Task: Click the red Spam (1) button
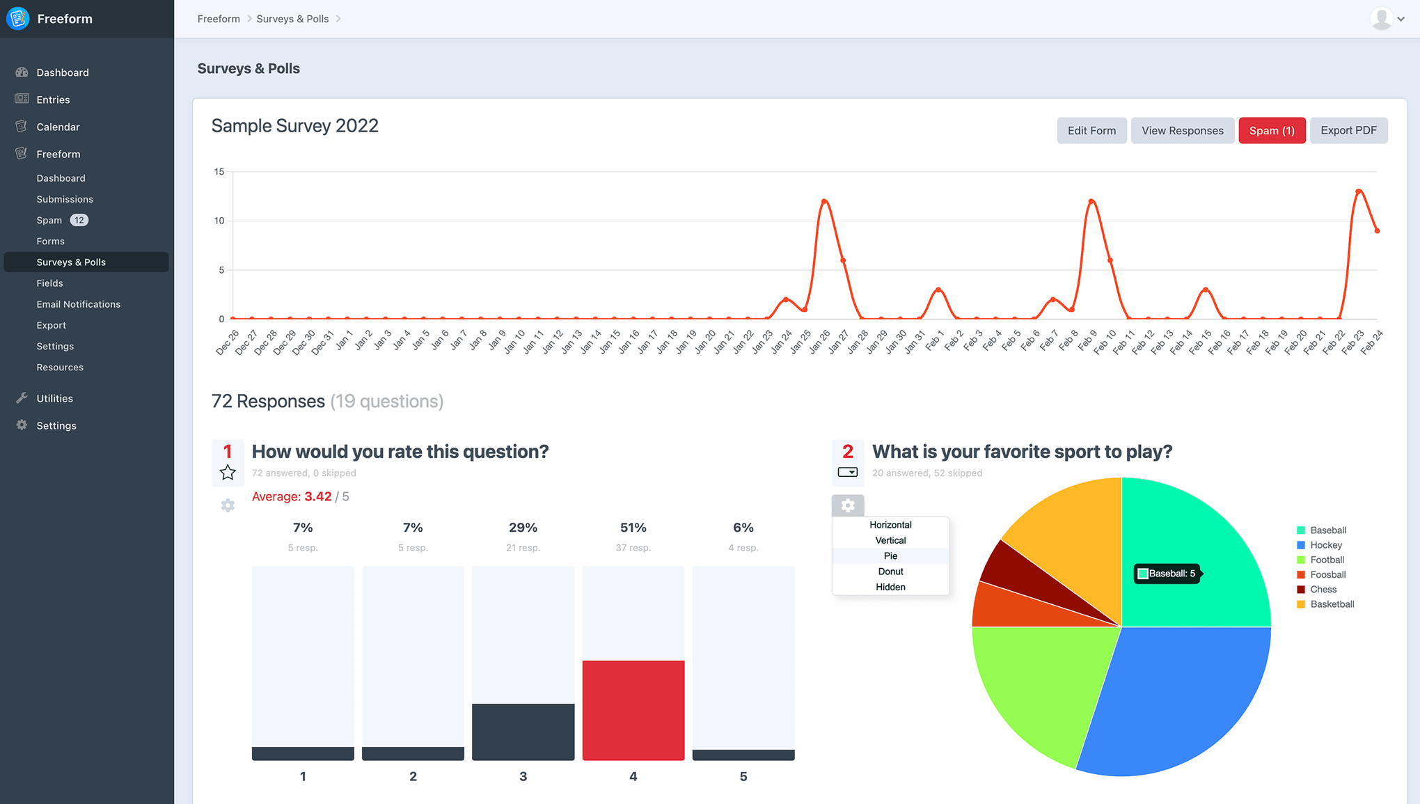(x=1271, y=130)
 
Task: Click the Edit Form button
(x=1091, y=130)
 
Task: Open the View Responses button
(x=1182, y=130)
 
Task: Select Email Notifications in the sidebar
(x=78, y=304)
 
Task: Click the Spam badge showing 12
(x=79, y=220)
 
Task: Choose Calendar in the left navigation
(x=58, y=127)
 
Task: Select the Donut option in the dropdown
(x=890, y=572)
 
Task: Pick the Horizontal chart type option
(x=890, y=525)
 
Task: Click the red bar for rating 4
(x=633, y=709)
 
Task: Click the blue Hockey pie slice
(x=1176, y=703)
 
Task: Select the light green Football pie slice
(x=1037, y=689)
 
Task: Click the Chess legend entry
(x=1323, y=590)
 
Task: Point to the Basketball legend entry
(x=1331, y=604)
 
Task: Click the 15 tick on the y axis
(x=219, y=171)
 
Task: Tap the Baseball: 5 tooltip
(x=1167, y=574)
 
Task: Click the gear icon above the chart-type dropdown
(x=847, y=505)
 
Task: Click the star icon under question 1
(x=228, y=473)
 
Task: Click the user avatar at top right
(x=1381, y=19)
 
